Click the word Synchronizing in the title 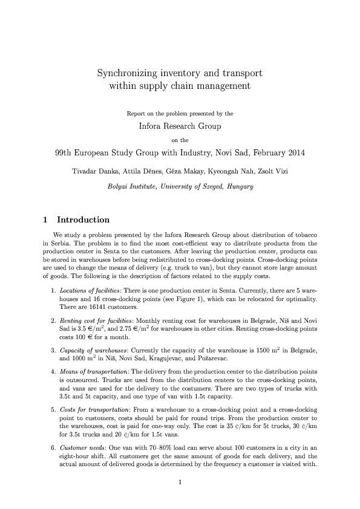coord(125,73)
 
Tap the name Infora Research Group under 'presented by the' coord(180,126)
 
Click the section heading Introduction coord(83,219)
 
